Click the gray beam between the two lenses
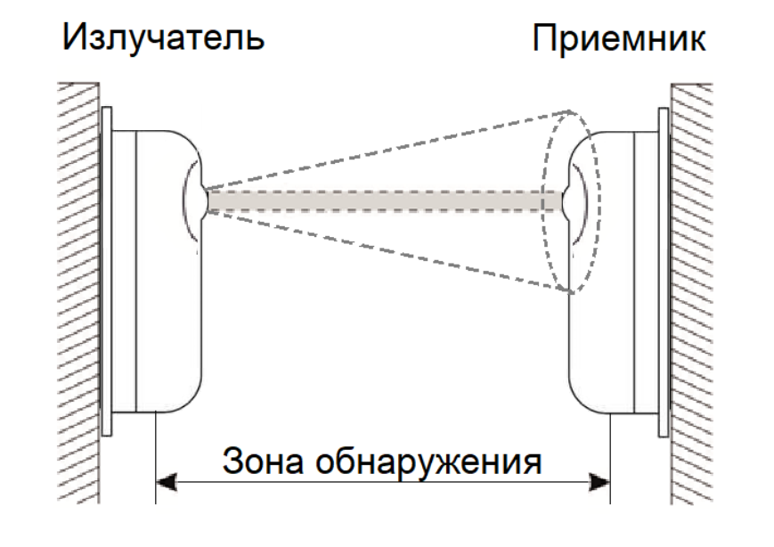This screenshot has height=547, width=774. click(x=383, y=200)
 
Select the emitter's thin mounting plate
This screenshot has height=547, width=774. click(x=106, y=267)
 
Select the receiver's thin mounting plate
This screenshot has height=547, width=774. click(x=663, y=267)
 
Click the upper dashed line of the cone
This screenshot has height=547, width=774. click(x=383, y=151)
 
